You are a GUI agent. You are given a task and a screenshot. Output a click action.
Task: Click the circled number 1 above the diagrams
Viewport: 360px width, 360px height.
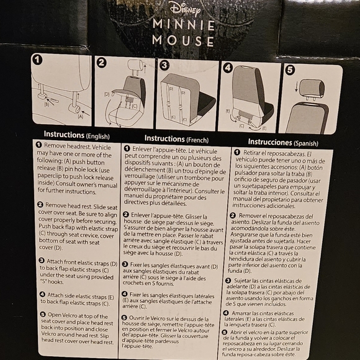37,60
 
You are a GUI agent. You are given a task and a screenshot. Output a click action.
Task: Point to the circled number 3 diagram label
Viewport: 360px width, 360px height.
164,65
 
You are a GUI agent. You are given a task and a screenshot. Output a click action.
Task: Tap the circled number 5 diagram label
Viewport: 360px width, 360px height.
289,70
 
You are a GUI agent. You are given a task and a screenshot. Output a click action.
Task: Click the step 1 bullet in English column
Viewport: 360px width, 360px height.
38,145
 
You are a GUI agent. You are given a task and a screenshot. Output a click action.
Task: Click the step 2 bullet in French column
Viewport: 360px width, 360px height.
127,214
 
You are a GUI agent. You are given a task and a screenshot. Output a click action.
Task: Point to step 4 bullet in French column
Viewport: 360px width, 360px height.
127,294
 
